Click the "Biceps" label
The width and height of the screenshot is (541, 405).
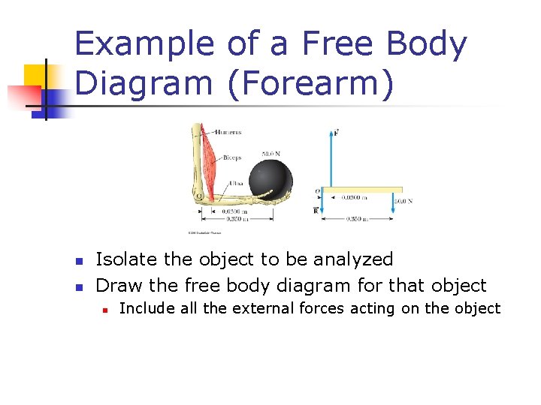[231, 159]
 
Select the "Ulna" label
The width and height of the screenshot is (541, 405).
[235, 182]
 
